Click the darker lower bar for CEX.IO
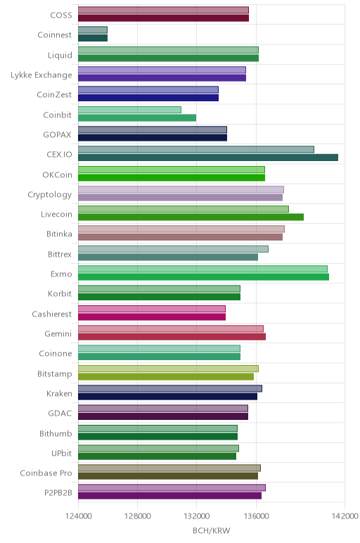pyautogui.click(x=208, y=158)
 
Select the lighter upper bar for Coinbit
pyautogui.click(x=130, y=110)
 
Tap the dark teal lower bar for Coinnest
pyautogui.click(x=93, y=38)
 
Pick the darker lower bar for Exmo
pyautogui.click(x=203, y=276)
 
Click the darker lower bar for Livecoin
pyautogui.click(x=191, y=217)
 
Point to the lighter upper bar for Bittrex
pyautogui.click(x=173, y=249)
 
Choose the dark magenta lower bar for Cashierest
pyautogui.click(x=152, y=317)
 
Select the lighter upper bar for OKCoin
pyautogui.click(x=172, y=170)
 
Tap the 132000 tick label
pyautogui.click(x=197, y=516)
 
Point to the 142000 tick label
pyautogui.click(x=345, y=516)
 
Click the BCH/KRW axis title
pyautogui.click(x=211, y=530)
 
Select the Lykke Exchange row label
pyautogui.click(x=41, y=75)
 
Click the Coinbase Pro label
pyautogui.click(x=46, y=473)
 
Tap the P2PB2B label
pyautogui.click(x=58, y=493)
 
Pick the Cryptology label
pyautogui.click(x=50, y=195)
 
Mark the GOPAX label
pyautogui.click(x=57, y=135)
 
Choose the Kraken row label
pyautogui.click(x=59, y=394)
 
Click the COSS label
pyautogui.click(x=61, y=15)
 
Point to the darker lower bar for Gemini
pyautogui.click(x=172, y=337)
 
